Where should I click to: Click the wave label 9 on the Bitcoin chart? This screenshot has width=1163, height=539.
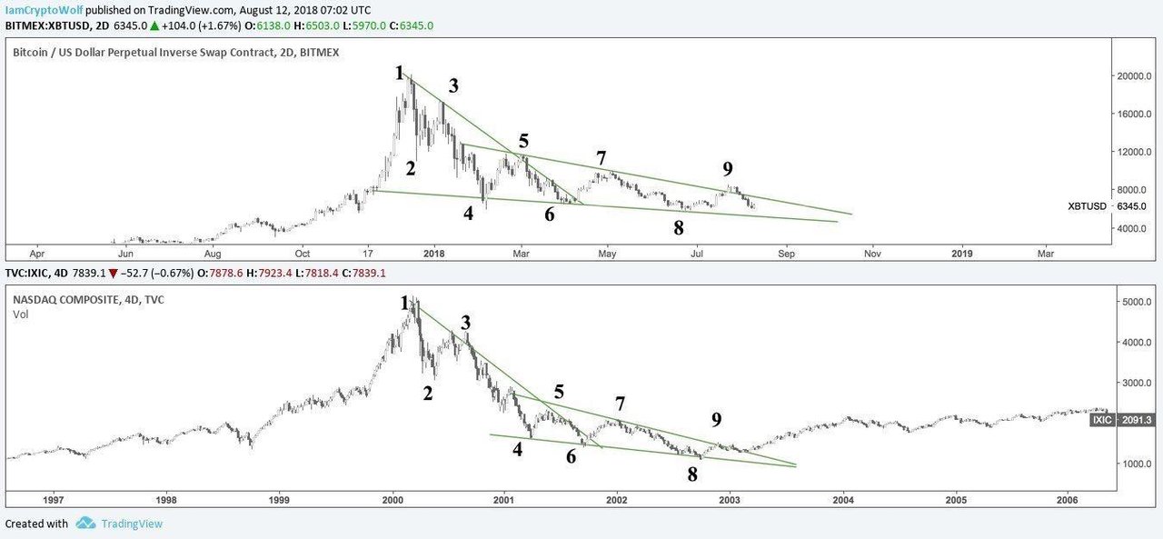(728, 169)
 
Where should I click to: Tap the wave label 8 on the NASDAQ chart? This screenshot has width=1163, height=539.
(692, 474)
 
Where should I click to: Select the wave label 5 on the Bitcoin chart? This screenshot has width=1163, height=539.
(523, 141)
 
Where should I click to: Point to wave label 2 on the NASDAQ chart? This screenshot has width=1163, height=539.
(427, 393)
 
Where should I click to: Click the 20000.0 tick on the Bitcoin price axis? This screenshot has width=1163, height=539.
(1134, 75)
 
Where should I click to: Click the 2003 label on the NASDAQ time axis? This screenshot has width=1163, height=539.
(730, 500)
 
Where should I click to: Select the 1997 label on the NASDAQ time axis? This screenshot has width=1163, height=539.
(53, 500)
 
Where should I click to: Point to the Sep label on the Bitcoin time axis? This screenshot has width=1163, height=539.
(786, 254)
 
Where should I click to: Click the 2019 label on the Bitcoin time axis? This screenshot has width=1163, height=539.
(962, 254)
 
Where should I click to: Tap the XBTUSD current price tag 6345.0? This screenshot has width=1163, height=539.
(1131, 206)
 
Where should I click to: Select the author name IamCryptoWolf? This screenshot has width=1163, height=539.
(44, 10)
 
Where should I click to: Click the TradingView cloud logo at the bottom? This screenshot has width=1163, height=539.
(85, 523)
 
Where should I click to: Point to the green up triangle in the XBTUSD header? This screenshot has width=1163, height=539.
(154, 25)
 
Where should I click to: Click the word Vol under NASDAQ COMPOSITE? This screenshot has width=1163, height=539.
(21, 314)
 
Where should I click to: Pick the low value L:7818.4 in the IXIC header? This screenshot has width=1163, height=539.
(317, 273)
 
